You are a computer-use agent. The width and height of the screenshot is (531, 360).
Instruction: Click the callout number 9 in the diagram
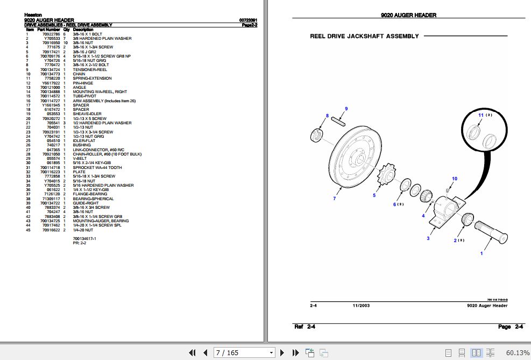coord(346,109)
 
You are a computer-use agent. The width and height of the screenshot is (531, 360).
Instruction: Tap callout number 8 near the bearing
coord(327,116)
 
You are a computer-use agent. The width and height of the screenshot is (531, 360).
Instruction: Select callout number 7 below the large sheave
coord(334,199)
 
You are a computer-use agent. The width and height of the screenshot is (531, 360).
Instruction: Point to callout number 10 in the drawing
coord(455,179)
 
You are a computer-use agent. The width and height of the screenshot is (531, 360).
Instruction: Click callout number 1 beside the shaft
coord(482,253)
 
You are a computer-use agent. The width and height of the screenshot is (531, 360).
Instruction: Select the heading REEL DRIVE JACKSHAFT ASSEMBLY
coord(364,36)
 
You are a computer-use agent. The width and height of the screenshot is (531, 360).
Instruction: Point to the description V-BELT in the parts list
coord(80,159)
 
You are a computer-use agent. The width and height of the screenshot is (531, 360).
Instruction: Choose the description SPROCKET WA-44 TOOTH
coord(97,167)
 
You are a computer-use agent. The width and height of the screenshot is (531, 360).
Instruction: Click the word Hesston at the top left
coord(33,16)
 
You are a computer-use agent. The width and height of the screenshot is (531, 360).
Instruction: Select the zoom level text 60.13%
coord(518,353)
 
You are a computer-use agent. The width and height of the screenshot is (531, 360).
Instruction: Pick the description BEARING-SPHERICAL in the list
coord(93,199)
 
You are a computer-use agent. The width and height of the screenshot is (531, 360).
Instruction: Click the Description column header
coord(83,30)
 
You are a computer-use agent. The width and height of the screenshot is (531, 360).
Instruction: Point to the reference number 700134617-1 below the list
coord(84,238)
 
